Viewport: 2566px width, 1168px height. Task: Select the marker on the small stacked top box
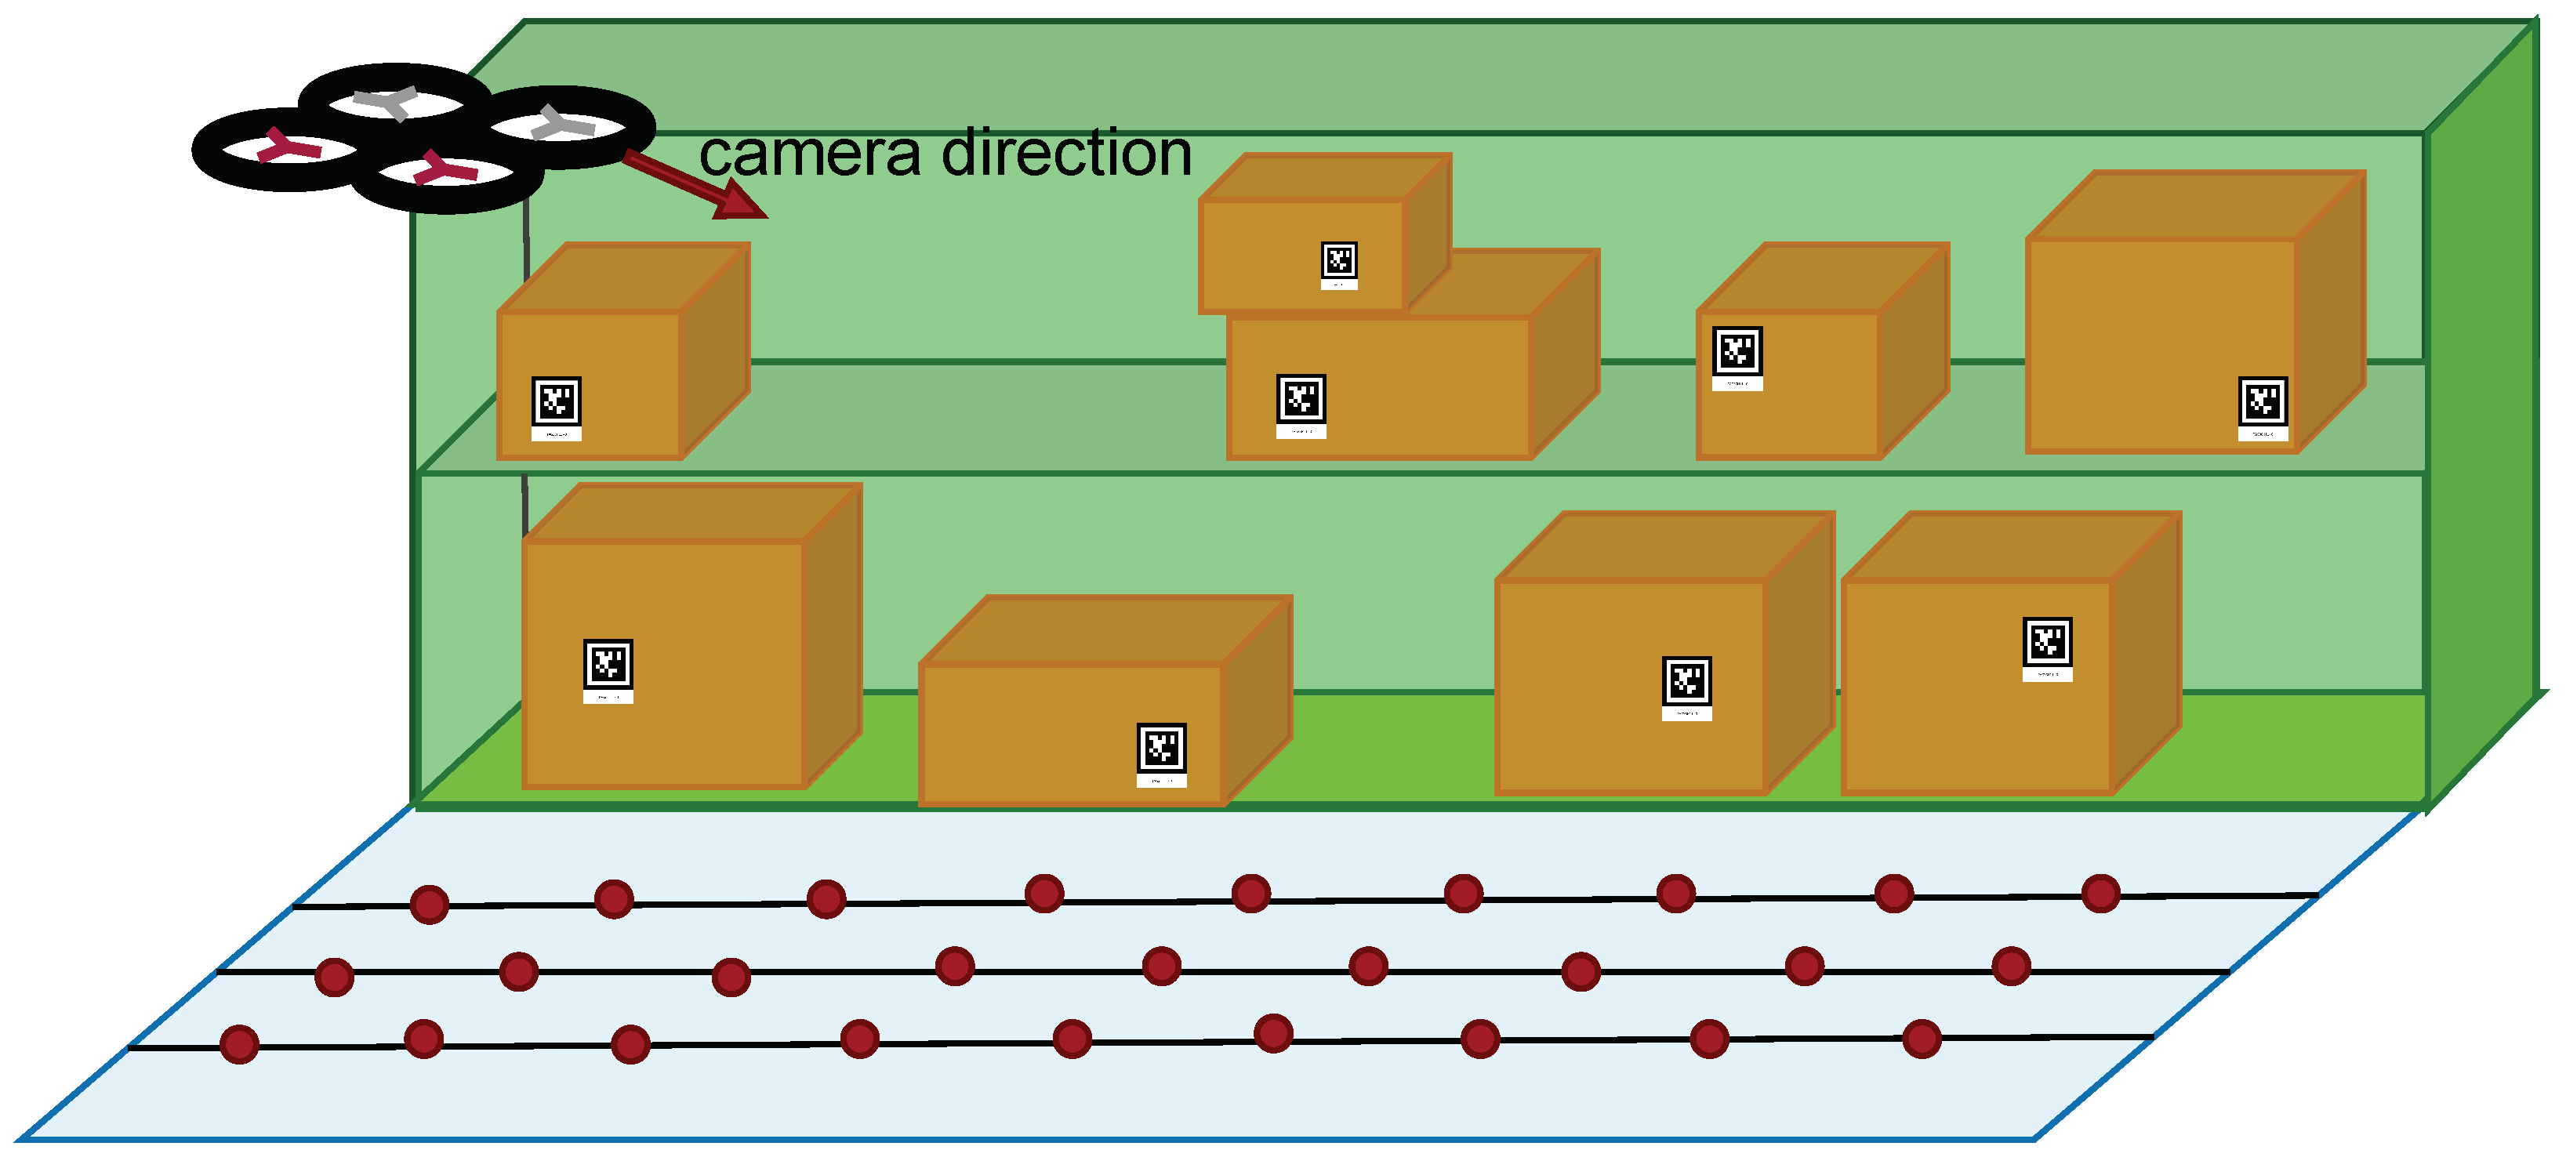pyautogui.click(x=1339, y=262)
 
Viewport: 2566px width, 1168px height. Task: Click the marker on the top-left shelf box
pyautogui.click(x=556, y=402)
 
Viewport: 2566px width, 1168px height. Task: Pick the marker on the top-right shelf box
pyautogui.click(x=2262, y=402)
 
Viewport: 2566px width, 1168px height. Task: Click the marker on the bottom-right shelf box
pyautogui.click(x=2047, y=642)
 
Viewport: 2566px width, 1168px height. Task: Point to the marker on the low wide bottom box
pyautogui.click(x=1161, y=749)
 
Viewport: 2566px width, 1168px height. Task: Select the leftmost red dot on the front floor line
pyautogui.click(x=239, y=1044)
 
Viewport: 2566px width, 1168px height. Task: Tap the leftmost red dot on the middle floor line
pyautogui.click(x=334, y=977)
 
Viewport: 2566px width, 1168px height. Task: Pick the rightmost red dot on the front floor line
pyautogui.click(x=1922, y=1039)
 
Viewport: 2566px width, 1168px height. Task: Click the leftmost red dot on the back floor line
pyautogui.click(x=430, y=904)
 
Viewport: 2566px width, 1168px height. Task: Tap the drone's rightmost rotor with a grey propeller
pyautogui.click(x=564, y=126)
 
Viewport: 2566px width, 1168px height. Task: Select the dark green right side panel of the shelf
pyautogui.click(x=2481, y=419)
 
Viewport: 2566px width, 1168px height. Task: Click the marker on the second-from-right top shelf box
pyautogui.click(x=1737, y=351)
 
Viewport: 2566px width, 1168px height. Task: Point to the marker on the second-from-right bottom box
pyautogui.click(x=1686, y=682)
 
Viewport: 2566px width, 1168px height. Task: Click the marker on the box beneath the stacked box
pyautogui.click(x=1301, y=401)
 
